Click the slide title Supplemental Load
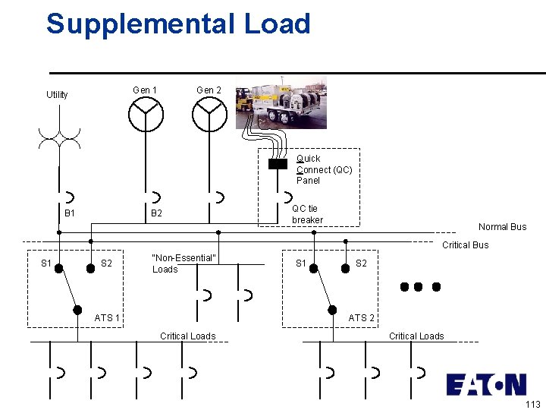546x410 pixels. pos(178,24)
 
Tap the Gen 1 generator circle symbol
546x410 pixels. pos(145,115)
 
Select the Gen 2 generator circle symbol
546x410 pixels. pos(209,115)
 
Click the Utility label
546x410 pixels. pos(57,95)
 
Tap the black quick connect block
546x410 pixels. pos(278,163)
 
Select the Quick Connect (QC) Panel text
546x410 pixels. pos(324,169)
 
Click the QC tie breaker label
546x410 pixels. pos(307,214)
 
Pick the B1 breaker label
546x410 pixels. pos(70,213)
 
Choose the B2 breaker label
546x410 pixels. pos(156,214)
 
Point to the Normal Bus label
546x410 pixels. pos(502,227)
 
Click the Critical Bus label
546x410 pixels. pos(465,245)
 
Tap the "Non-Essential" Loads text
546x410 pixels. pos(184,263)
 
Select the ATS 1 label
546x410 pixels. pos(107,317)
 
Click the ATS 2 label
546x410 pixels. pos(362,318)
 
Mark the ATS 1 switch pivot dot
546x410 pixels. pos(77,310)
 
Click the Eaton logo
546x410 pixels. pos(485,384)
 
